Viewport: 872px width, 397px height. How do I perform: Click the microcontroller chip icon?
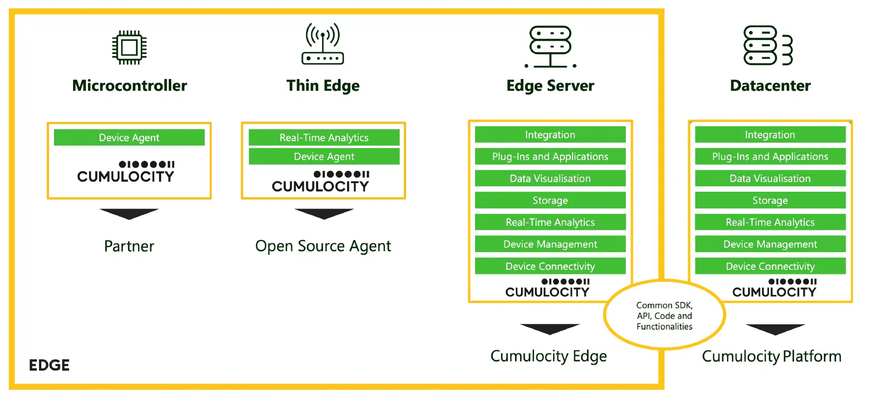(x=129, y=47)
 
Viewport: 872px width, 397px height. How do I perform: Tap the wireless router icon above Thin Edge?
(x=322, y=44)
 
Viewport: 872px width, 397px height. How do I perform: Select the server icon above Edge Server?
(x=550, y=46)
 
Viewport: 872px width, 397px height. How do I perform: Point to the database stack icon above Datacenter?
(x=767, y=45)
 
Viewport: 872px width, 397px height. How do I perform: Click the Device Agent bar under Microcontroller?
(x=129, y=138)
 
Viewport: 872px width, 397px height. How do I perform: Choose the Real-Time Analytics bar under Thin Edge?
(x=324, y=138)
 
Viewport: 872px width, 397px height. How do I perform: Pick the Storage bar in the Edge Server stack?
(x=550, y=200)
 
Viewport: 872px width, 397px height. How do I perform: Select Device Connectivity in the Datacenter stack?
(x=770, y=266)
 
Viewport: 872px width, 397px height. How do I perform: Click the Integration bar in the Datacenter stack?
(x=770, y=135)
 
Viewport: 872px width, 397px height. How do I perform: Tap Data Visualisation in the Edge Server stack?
(x=550, y=179)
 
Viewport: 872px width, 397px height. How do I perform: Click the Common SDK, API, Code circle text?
(x=664, y=316)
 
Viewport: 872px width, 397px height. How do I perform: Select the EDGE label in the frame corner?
(x=49, y=365)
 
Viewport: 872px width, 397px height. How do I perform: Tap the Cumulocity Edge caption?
(x=548, y=356)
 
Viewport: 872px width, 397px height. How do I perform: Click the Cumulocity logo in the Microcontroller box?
(x=126, y=172)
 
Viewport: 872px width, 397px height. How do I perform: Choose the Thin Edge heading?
(x=322, y=85)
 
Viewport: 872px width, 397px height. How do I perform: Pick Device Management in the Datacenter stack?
(x=770, y=244)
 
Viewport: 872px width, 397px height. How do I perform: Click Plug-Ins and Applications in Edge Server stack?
(x=550, y=157)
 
